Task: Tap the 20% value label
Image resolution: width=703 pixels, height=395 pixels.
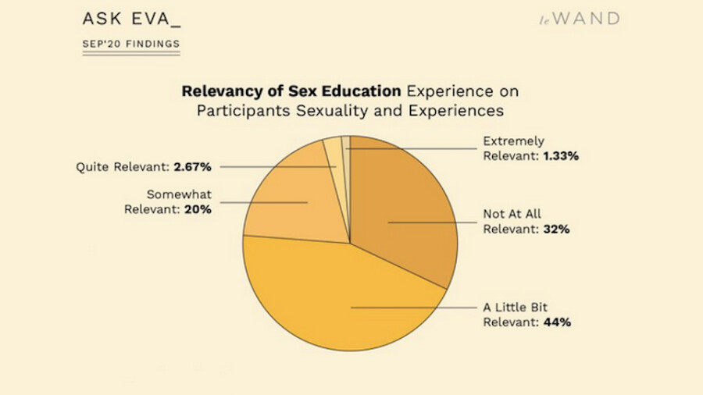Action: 199,209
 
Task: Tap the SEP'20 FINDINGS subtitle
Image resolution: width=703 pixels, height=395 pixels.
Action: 130,44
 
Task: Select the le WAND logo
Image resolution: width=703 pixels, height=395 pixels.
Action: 579,19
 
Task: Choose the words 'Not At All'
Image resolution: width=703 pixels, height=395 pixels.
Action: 512,215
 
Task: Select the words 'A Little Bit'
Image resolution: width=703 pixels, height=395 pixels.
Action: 516,308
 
